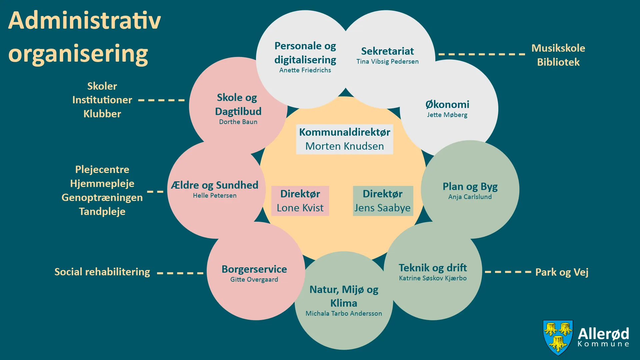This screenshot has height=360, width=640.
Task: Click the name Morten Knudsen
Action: pyautogui.click(x=344, y=146)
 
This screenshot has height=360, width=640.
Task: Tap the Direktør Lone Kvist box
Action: pyautogui.click(x=300, y=201)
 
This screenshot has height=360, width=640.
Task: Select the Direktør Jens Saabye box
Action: pyautogui.click(x=383, y=201)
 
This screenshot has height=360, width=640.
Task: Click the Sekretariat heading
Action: pyautogui.click(x=387, y=51)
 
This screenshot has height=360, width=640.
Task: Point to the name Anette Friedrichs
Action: pyautogui.click(x=305, y=70)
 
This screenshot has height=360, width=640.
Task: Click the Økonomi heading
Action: pyautogui.click(x=447, y=104)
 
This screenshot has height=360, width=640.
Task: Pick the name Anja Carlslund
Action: pyautogui.click(x=470, y=197)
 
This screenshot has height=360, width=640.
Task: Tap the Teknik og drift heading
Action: pyautogui.click(x=433, y=268)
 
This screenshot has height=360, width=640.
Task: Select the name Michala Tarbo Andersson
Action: pyautogui.click(x=344, y=314)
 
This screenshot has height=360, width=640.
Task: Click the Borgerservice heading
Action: pyautogui.click(x=254, y=269)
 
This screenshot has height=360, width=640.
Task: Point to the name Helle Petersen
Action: pyautogui.click(x=215, y=196)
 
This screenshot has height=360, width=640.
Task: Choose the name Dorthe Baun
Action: pyautogui.click(x=238, y=122)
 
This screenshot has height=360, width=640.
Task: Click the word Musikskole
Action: pyautogui.click(x=558, y=48)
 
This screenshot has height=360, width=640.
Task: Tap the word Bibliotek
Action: pyautogui.click(x=558, y=62)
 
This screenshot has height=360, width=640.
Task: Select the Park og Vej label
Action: pyautogui.click(x=562, y=272)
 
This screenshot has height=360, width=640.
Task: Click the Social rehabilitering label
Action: pyautogui.click(x=102, y=272)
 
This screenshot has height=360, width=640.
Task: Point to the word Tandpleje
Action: pyautogui.click(x=102, y=212)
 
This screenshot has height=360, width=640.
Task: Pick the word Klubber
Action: pyautogui.click(x=102, y=114)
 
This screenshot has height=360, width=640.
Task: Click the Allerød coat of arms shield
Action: pyautogui.click(x=558, y=337)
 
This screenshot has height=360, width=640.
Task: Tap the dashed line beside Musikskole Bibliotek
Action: pyautogui.click(x=482, y=54)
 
